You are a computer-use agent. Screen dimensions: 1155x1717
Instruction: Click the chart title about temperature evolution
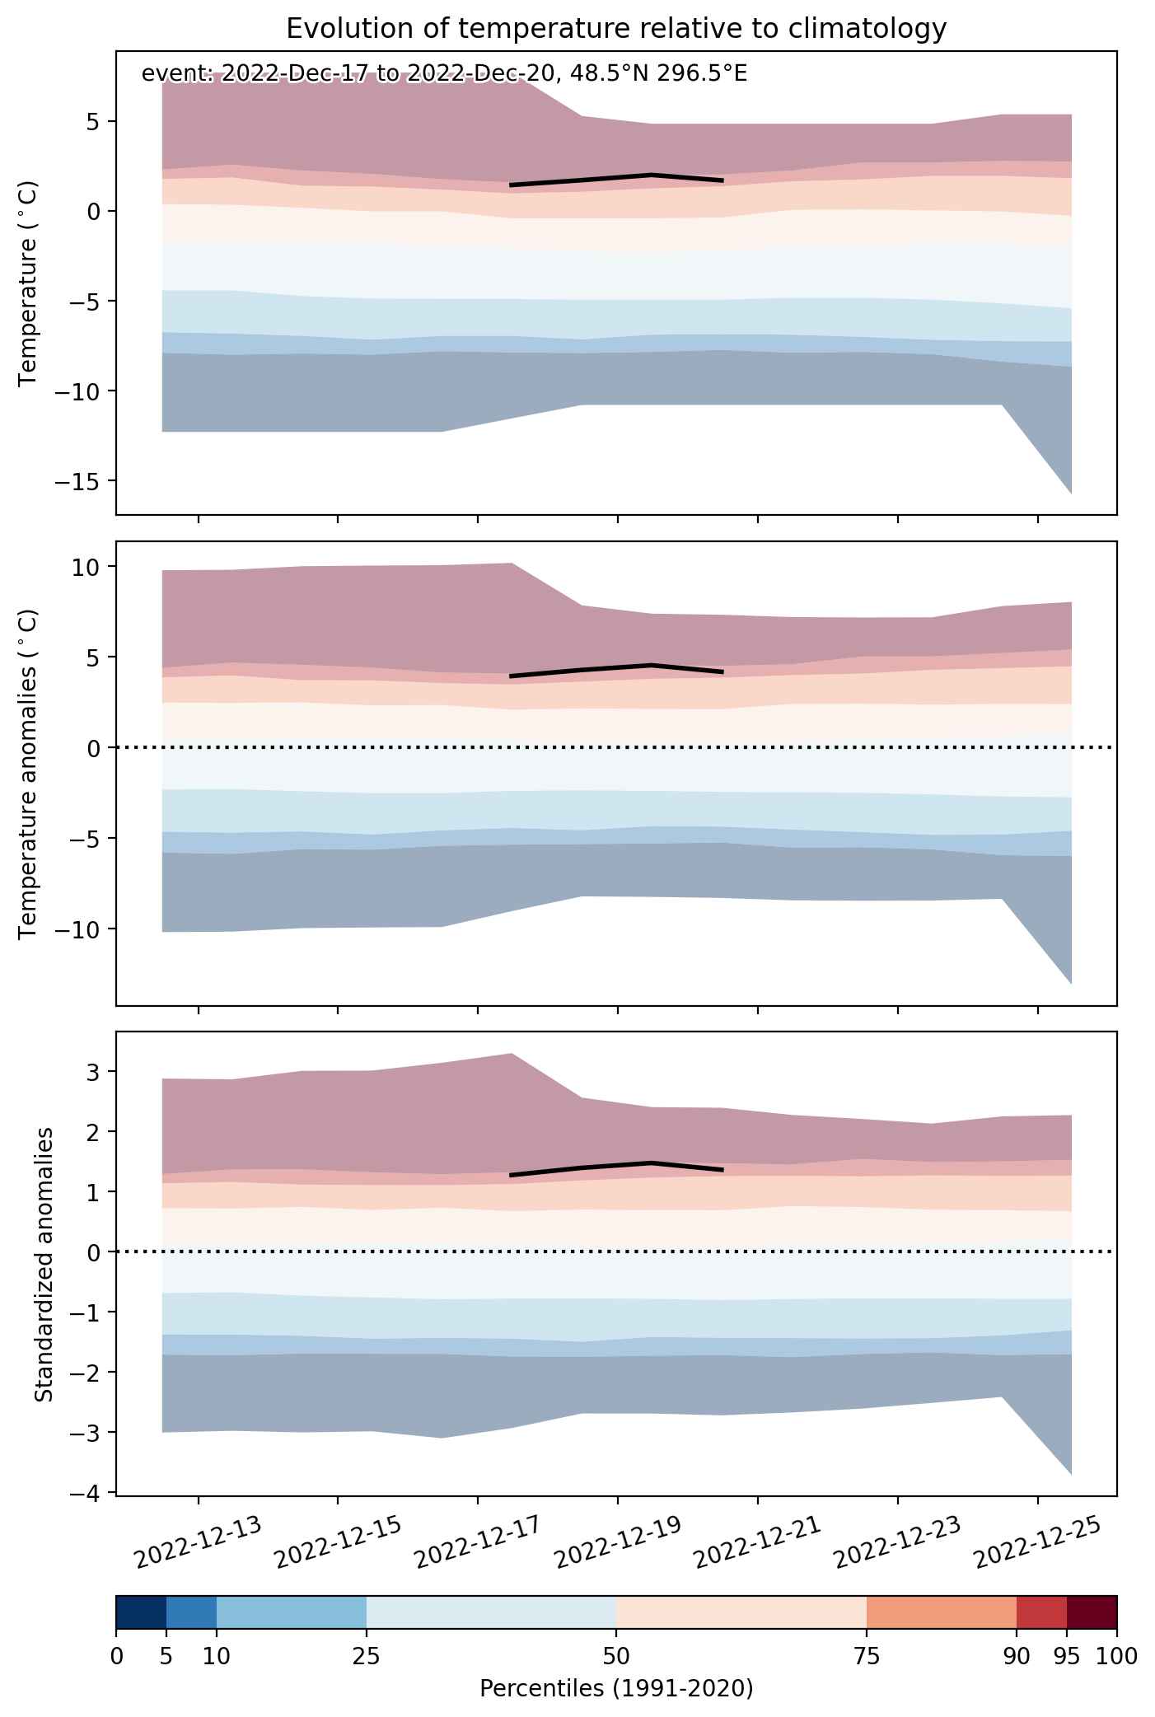pyautogui.click(x=616, y=29)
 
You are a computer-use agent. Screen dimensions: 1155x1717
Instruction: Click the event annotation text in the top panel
pyautogui.click(x=444, y=74)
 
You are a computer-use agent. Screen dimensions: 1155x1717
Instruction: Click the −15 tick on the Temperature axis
pyautogui.click(x=76, y=480)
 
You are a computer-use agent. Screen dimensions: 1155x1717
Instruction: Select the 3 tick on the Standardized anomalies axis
pyautogui.click(x=94, y=1072)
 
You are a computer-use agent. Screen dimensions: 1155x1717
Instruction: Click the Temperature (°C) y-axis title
pyautogui.click(x=29, y=283)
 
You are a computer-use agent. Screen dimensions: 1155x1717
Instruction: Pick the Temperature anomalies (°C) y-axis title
pyautogui.click(x=29, y=773)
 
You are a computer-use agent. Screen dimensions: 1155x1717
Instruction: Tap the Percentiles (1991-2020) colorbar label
pyautogui.click(x=616, y=1689)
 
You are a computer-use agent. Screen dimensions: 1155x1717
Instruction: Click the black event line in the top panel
pyautogui.click(x=616, y=179)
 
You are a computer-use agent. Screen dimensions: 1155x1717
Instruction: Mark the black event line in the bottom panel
pyautogui.click(x=616, y=1167)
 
